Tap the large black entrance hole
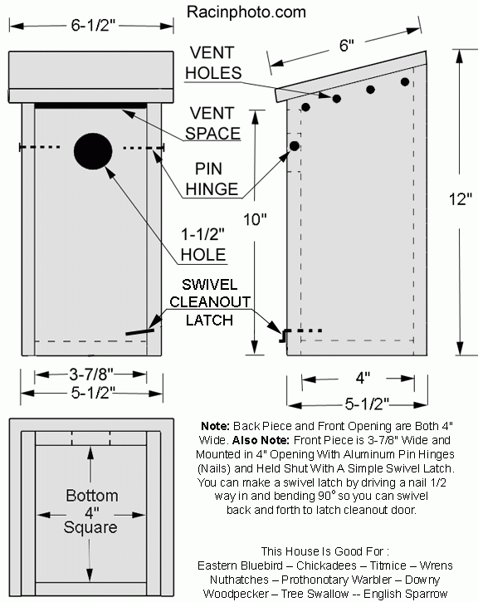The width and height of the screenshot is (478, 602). [x=93, y=150]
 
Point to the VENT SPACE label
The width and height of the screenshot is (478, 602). [x=213, y=123]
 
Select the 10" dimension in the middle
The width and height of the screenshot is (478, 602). [x=257, y=220]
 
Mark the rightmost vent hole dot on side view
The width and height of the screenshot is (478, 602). [x=406, y=81]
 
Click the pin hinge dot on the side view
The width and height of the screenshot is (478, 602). [x=295, y=145]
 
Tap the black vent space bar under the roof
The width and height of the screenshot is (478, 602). [x=91, y=105]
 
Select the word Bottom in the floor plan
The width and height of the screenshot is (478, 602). [x=91, y=496]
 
